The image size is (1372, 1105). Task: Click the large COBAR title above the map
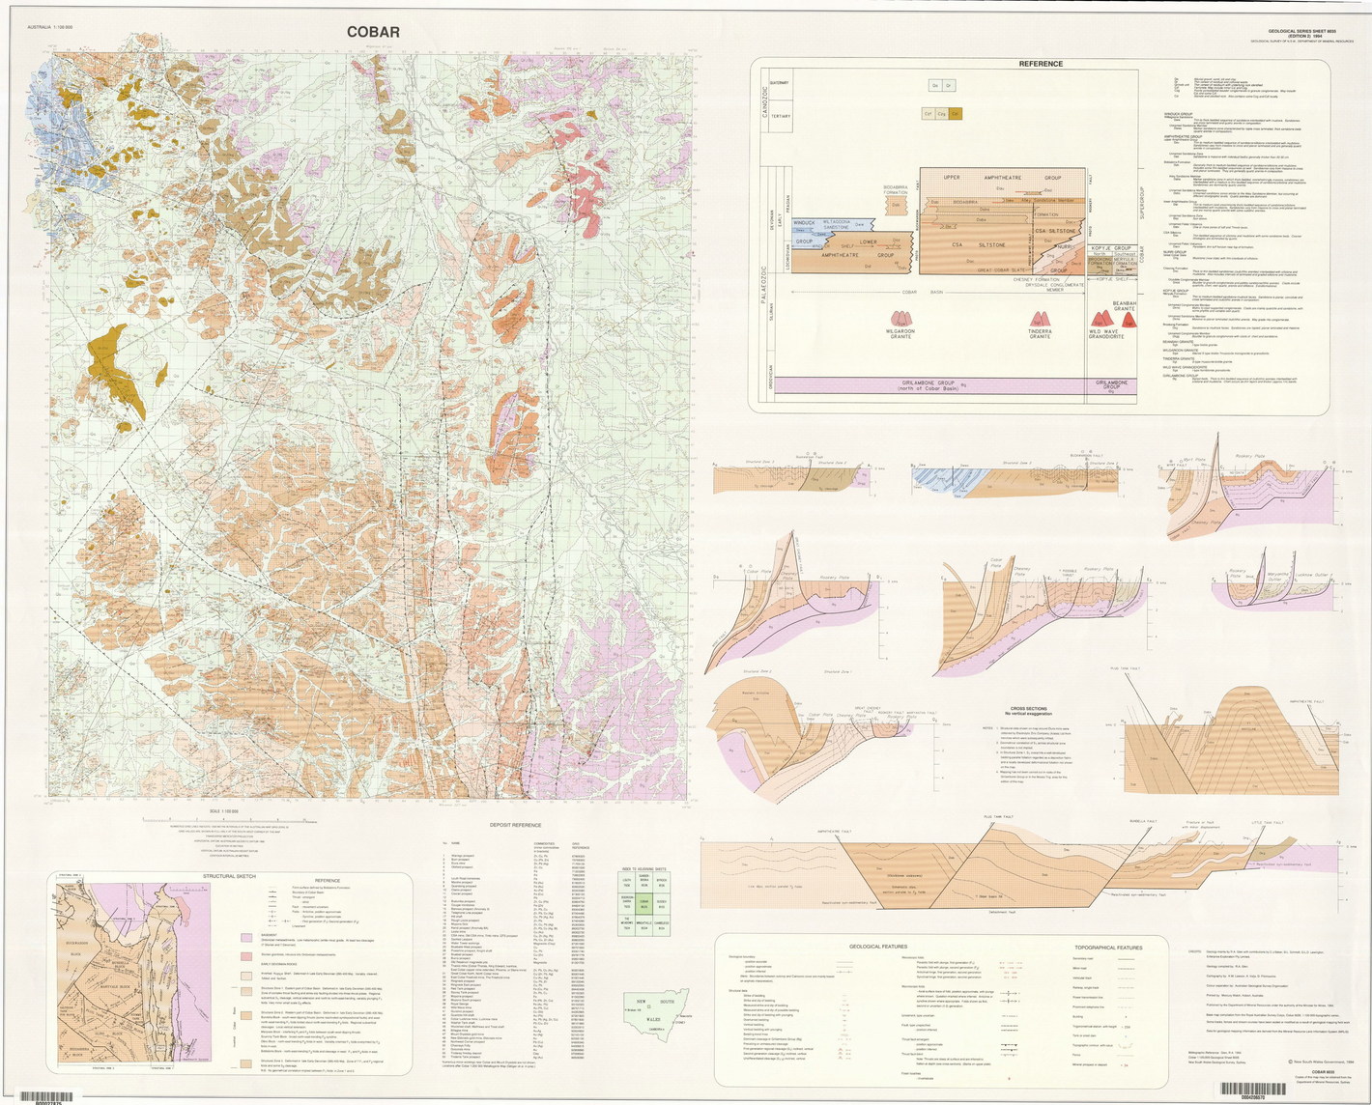coord(374,32)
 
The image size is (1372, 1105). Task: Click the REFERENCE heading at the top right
coord(1041,64)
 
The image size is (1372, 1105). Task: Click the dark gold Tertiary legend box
coord(956,113)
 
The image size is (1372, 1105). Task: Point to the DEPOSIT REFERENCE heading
coord(515,826)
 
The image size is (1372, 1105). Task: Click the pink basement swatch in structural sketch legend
coord(246,936)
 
